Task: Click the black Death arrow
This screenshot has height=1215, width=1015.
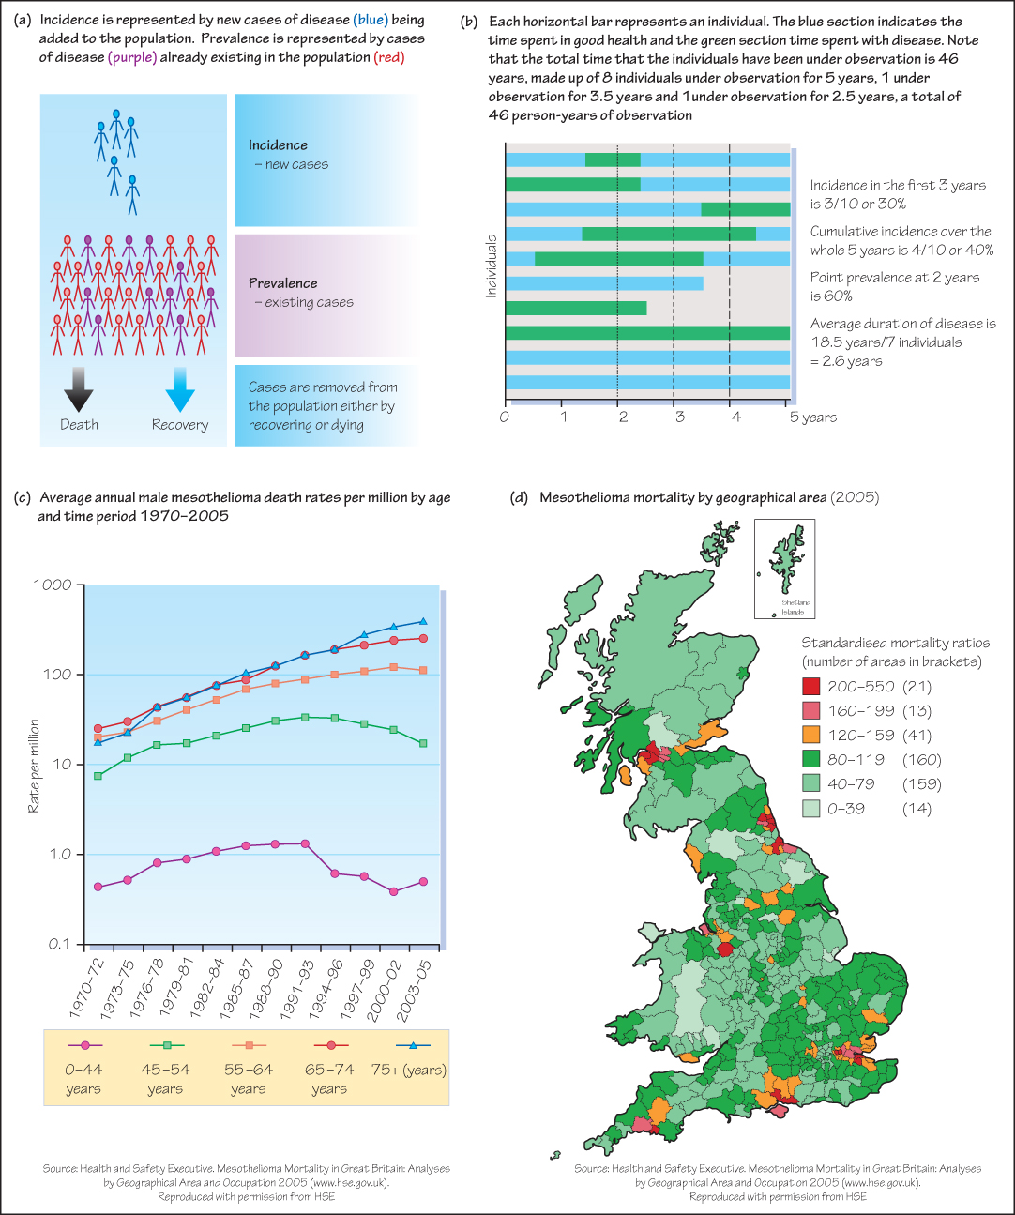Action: pyautogui.click(x=79, y=389)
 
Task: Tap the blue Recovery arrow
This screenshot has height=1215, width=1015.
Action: pyautogui.click(x=179, y=389)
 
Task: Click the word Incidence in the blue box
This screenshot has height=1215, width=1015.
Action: pyautogui.click(x=278, y=145)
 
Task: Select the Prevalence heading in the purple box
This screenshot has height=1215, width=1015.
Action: pyautogui.click(x=282, y=283)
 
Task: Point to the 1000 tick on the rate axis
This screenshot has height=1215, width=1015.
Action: pyautogui.click(x=53, y=585)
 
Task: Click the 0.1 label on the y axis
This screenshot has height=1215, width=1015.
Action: pyautogui.click(x=59, y=944)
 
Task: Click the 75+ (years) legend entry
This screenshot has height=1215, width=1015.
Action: pyautogui.click(x=409, y=1070)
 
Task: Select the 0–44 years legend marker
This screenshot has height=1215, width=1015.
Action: pyautogui.click(x=84, y=1044)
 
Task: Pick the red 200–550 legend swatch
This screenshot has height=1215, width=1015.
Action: pyautogui.click(x=811, y=687)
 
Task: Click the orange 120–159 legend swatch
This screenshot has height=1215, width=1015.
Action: pyautogui.click(x=811, y=736)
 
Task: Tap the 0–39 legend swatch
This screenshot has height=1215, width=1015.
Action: pyautogui.click(x=811, y=809)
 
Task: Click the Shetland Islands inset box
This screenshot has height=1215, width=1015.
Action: pyautogui.click(x=784, y=569)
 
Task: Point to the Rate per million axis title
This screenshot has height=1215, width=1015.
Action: pyautogui.click(x=34, y=766)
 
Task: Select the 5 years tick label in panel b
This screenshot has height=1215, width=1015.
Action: pyautogui.click(x=812, y=418)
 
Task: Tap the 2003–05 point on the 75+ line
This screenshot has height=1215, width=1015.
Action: pyautogui.click(x=423, y=621)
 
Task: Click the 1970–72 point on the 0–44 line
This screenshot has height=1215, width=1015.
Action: pyautogui.click(x=98, y=887)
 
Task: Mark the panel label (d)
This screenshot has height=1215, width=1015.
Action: pyautogui.click(x=519, y=497)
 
